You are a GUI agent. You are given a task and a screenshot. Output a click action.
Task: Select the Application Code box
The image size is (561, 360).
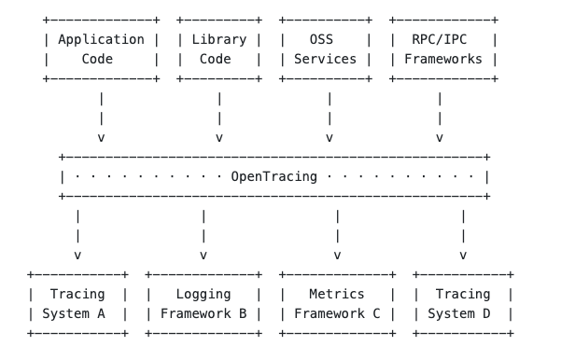pos(101,49)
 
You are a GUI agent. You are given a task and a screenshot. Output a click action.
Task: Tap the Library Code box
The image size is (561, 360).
pos(218,49)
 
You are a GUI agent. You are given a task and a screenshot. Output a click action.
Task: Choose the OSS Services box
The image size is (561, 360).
pos(329,49)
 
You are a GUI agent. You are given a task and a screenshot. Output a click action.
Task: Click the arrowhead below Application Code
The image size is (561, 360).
pos(101,137)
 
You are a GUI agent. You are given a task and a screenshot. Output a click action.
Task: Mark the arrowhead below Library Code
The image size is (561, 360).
pos(218,137)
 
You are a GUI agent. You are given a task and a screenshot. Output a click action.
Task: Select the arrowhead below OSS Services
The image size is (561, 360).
pos(329,137)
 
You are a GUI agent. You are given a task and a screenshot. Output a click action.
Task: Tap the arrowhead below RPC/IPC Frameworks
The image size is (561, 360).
pos(439,137)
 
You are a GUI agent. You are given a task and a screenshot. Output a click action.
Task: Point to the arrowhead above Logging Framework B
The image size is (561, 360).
pos(203,254)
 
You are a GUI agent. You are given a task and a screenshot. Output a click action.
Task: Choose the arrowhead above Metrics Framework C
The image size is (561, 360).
pos(337,254)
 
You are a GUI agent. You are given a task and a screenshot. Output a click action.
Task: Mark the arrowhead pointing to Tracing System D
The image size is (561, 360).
pos(463,254)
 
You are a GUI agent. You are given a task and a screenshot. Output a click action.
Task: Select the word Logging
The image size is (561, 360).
pos(203,295)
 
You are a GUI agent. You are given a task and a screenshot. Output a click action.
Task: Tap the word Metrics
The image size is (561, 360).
pos(337,295)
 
